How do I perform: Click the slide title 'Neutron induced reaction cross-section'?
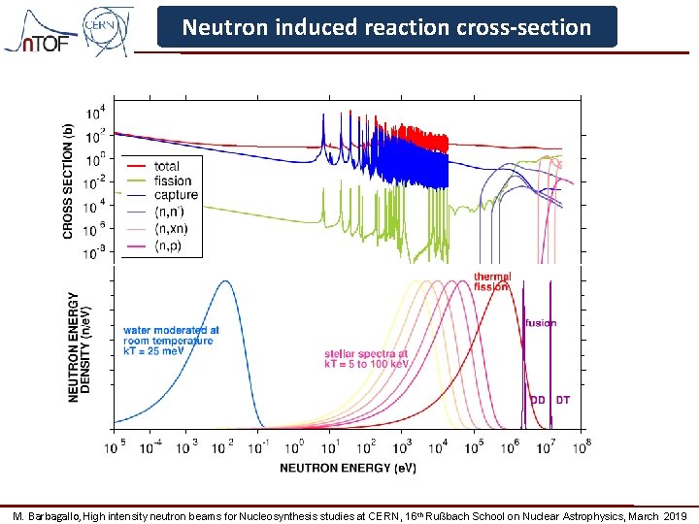click(386, 27)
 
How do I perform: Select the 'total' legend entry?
click(167, 166)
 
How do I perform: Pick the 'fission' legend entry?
click(172, 180)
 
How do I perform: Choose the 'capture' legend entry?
click(175, 195)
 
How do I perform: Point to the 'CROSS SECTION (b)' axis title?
click(68, 180)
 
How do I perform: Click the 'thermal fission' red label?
click(492, 281)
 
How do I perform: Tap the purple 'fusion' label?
click(541, 323)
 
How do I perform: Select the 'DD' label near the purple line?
click(537, 400)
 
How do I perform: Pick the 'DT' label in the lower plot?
click(563, 400)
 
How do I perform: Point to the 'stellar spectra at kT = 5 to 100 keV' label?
click(366, 359)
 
